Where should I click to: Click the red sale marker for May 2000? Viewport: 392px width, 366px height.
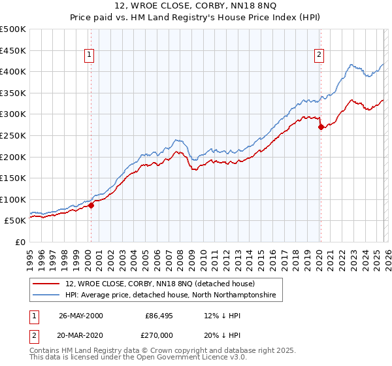[x=91, y=205]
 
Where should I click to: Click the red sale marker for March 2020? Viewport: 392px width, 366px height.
[x=321, y=127]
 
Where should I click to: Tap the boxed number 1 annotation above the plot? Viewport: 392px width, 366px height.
[x=90, y=56]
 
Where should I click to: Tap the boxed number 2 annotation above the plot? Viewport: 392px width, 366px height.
[x=319, y=56]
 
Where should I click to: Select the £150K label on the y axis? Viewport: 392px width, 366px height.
[x=13, y=178]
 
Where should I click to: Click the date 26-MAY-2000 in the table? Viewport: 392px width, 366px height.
[x=81, y=315]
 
